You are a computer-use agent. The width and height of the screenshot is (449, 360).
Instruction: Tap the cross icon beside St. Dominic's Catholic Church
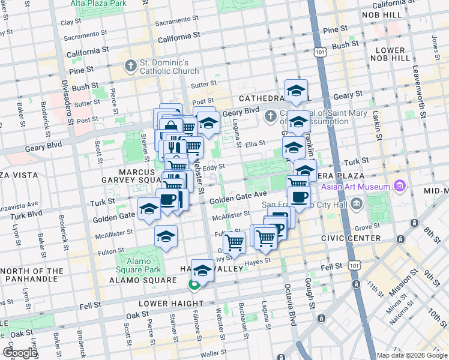130,65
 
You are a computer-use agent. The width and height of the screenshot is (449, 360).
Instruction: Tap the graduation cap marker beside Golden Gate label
149,209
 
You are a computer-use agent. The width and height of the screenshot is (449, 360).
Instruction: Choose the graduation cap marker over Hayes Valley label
203,271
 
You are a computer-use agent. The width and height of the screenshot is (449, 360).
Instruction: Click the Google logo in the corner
20,353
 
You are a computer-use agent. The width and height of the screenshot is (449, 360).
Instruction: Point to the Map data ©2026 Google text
412,355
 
